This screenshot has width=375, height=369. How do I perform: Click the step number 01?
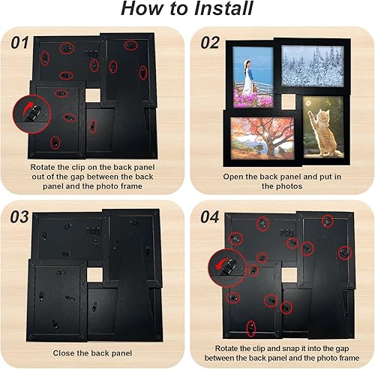click(19, 43)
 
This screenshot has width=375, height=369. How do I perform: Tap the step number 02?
click(210, 43)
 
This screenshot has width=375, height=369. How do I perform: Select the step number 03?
click(19, 217)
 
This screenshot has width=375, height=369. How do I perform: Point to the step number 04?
click(210, 217)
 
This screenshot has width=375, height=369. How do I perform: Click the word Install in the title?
click(223, 8)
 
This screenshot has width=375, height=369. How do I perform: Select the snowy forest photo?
click(312, 66)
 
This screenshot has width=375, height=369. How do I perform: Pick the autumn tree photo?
click(262, 138)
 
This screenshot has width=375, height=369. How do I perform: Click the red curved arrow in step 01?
click(29, 106)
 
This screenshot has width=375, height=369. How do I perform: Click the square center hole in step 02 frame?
click(288, 101)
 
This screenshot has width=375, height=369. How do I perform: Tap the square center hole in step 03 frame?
click(94, 275)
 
